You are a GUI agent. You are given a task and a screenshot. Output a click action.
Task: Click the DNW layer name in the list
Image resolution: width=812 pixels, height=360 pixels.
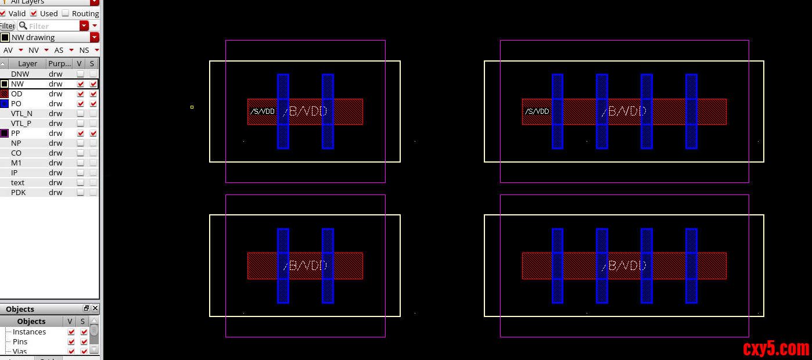click(x=20, y=74)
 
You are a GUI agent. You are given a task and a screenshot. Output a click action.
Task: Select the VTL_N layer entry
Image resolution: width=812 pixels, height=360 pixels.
click(x=21, y=113)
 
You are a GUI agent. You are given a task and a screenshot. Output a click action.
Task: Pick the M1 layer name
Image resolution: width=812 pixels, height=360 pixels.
click(x=16, y=163)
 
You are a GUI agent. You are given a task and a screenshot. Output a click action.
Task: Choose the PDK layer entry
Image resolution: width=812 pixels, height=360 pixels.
click(x=19, y=192)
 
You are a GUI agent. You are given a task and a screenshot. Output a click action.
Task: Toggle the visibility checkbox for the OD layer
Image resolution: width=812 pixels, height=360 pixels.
click(x=80, y=93)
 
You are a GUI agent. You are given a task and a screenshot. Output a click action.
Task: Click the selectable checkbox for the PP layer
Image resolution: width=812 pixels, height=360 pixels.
click(x=93, y=133)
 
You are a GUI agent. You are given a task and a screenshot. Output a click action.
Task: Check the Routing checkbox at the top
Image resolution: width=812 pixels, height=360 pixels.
click(x=66, y=13)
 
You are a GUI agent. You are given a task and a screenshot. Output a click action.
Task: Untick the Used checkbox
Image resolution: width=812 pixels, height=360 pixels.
click(x=34, y=13)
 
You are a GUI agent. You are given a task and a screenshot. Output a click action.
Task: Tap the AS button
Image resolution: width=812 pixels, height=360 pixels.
click(x=59, y=50)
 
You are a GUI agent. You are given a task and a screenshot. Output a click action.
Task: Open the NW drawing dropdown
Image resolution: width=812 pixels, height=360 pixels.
click(x=94, y=37)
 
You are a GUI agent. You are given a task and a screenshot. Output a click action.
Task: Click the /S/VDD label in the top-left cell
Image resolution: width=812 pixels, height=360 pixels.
click(x=263, y=111)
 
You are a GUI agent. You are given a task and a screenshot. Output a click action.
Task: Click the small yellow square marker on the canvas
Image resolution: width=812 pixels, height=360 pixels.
click(x=192, y=107)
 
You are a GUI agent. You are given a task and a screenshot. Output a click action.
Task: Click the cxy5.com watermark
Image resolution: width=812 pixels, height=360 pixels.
click(x=776, y=348)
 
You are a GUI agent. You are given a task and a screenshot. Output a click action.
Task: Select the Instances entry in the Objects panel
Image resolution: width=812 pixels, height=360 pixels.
click(x=29, y=332)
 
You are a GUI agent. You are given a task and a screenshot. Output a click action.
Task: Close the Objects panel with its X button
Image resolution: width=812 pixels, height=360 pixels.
click(x=95, y=308)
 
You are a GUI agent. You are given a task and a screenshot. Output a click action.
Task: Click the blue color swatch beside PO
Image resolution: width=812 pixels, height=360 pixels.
click(x=5, y=103)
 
